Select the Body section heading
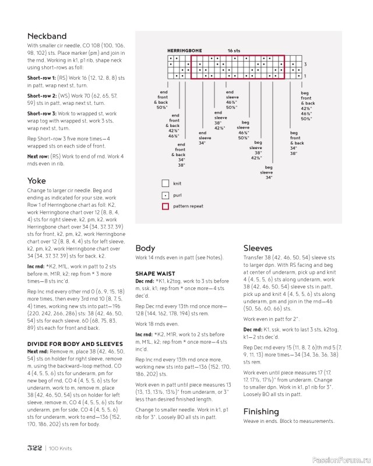[145, 248]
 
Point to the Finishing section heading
[262, 411]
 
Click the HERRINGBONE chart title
[184, 51]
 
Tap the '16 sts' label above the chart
[234, 51]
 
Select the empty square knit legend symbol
[166, 183]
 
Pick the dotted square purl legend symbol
[166, 195]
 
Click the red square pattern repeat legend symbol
[166, 206]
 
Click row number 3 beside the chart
[305, 64]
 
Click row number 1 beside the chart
[305, 76]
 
